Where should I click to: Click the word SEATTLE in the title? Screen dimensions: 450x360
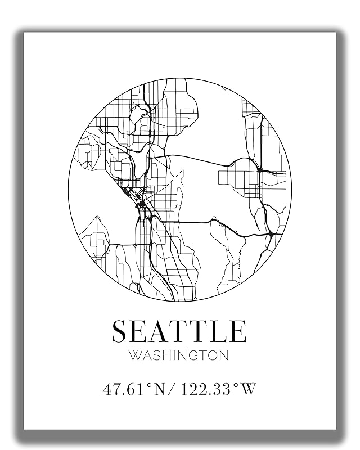[x=179, y=331]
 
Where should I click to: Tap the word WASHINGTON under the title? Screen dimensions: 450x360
[x=179, y=355]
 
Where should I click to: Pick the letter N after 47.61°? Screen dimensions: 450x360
[x=161, y=389]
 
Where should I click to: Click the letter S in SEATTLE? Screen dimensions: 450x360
[x=119, y=331]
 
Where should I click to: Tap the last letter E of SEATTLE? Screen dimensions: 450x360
[x=238, y=331]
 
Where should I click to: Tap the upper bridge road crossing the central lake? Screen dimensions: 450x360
[x=197, y=158]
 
